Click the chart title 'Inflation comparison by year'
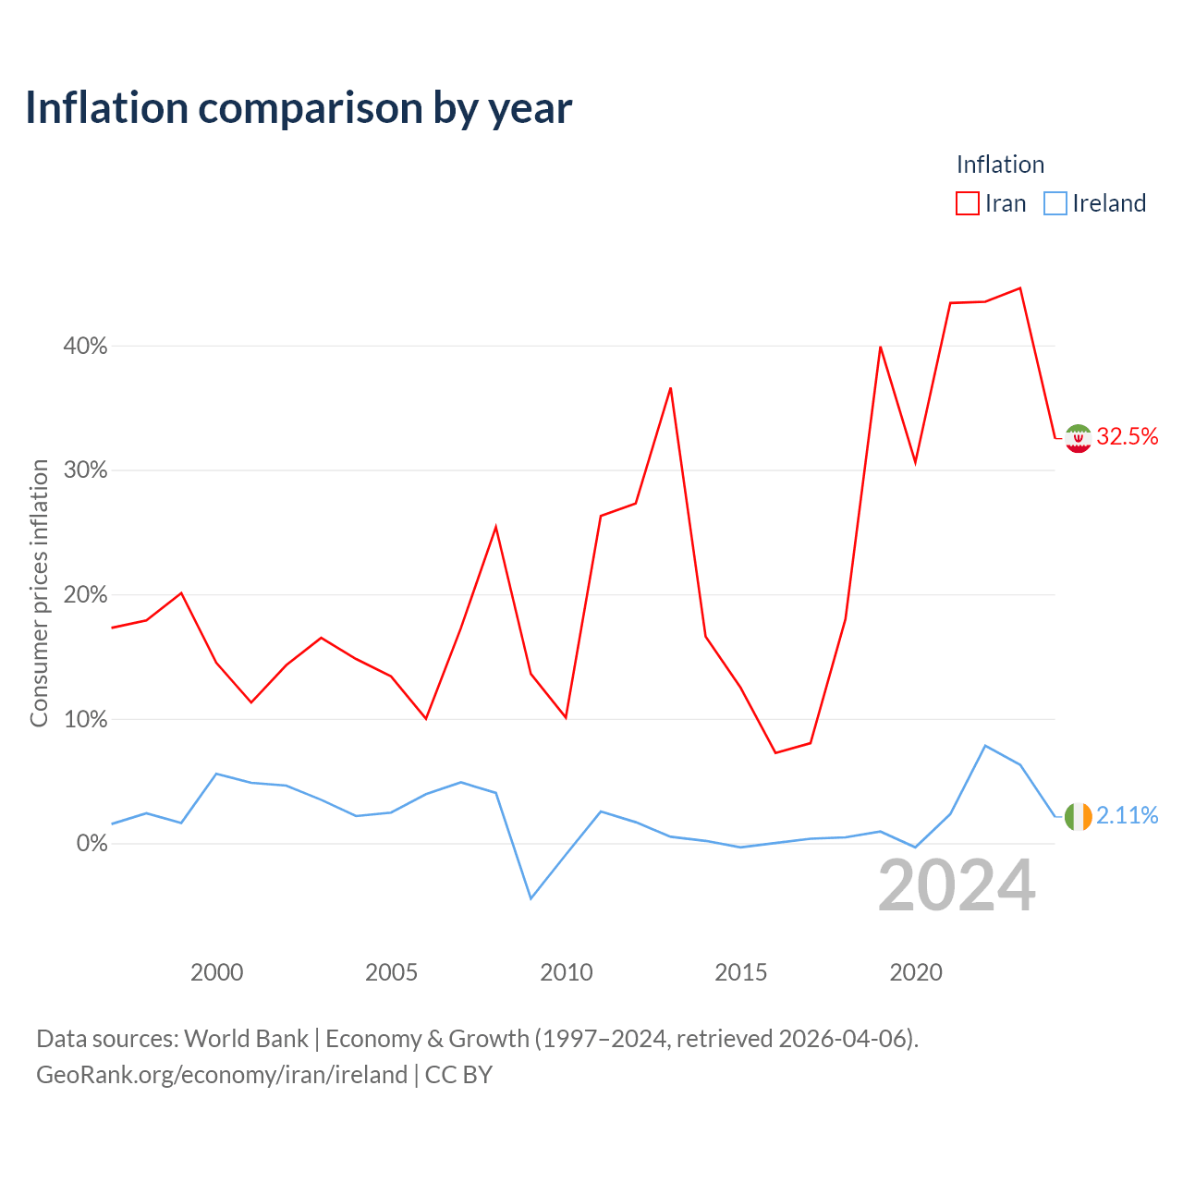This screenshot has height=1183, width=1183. point(299,108)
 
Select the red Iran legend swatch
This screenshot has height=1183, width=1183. point(967,203)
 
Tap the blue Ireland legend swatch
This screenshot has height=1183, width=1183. point(1055,203)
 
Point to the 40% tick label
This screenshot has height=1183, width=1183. point(85,346)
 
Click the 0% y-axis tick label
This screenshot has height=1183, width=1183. point(92,843)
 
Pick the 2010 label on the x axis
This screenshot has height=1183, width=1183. point(566,971)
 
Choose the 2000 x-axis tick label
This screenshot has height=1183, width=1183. point(216,971)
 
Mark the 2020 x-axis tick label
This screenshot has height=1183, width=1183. point(915,971)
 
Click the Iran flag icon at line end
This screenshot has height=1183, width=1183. point(1078,438)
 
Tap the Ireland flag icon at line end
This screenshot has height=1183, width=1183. point(1078,816)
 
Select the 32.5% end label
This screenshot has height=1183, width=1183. point(1128,436)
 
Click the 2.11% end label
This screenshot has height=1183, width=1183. point(1128,815)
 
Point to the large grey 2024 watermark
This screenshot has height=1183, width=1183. point(957,884)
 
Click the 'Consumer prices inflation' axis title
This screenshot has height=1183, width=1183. point(39,593)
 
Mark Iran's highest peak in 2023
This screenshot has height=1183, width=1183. point(1019,288)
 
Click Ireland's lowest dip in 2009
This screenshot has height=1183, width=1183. point(531,898)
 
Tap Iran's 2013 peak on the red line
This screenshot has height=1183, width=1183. point(670,388)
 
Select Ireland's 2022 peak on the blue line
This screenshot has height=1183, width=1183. point(984,745)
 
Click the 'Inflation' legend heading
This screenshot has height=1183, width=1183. point(1000,165)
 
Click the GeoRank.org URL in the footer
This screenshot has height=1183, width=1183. point(222,1074)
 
